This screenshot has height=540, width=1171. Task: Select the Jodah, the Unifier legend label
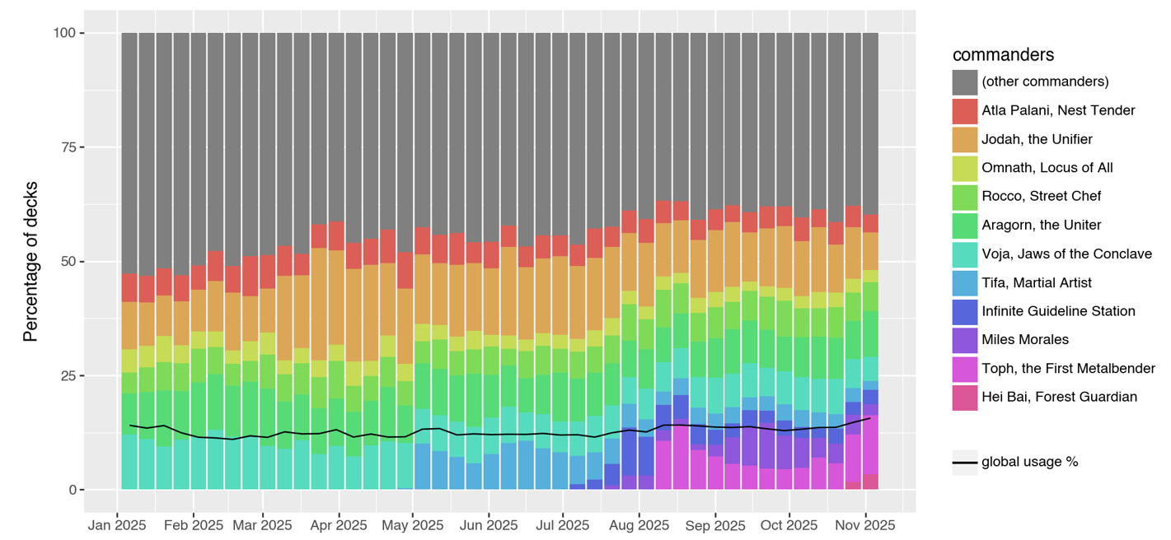(1037, 139)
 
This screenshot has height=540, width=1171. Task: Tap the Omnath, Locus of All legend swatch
(965, 168)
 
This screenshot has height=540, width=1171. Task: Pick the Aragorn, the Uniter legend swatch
(965, 225)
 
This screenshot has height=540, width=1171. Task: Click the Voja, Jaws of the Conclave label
(1066, 254)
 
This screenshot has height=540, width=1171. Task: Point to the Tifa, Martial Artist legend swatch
(965, 282)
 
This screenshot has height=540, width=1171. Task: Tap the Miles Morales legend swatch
(965, 339)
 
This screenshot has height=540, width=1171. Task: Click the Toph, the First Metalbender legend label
(1068, 368)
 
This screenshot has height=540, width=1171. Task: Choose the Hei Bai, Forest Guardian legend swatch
(965, 397)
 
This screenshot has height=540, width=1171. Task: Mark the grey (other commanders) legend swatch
(965, 82)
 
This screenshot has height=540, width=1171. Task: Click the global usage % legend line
(965, 463)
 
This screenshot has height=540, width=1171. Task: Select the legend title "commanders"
(1003, 55)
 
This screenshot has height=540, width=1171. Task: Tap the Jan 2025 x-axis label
(117, 524)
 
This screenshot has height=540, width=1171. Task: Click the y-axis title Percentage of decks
(31, 262)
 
